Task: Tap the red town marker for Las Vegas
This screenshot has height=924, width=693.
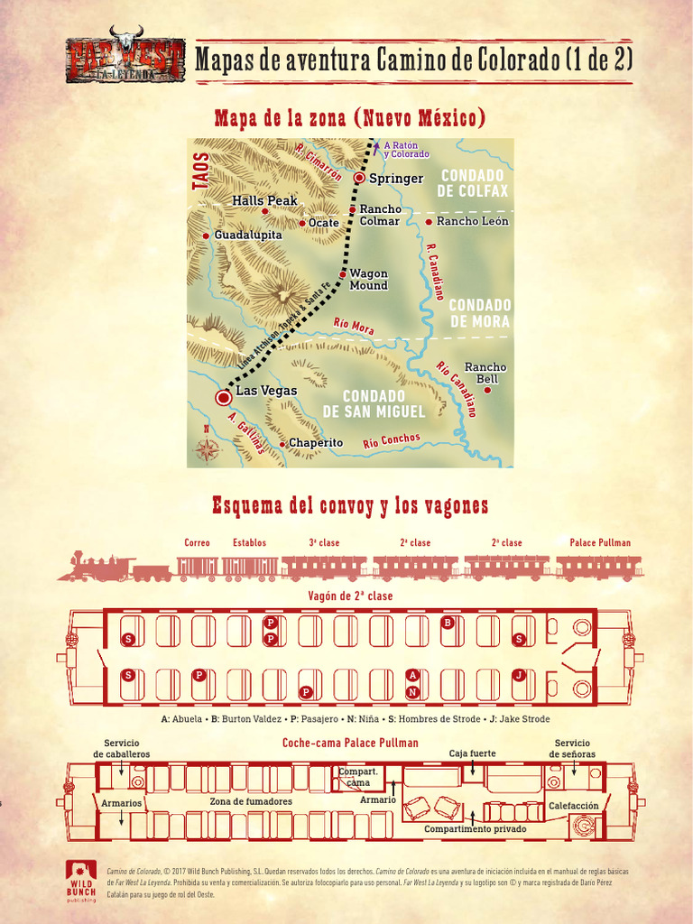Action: point(223,397)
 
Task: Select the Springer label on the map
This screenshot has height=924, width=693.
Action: point(395,179)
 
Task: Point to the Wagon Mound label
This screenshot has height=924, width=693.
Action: point(368,280)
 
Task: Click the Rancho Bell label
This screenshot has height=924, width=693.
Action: point(485,373)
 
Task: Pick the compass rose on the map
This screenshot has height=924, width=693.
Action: point(208,448)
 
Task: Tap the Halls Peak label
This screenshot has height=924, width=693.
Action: point(264,200)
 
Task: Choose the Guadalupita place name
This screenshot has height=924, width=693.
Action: point(247,235)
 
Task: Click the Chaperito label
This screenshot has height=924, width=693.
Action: point(315,443)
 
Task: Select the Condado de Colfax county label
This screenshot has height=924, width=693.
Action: point(472,182)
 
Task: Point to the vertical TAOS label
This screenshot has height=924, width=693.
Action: point(200,171)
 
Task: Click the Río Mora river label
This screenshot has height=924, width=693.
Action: point(354,324)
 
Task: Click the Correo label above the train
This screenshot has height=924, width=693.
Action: point(197,543)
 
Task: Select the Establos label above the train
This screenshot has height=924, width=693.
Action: point(250,543)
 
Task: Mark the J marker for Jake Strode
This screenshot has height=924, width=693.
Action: point(519,675)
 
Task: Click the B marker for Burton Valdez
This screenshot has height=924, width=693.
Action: point(448,623)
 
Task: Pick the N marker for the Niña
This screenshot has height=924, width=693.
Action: point(412,692)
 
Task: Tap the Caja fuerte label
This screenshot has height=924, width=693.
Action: point(473,753)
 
